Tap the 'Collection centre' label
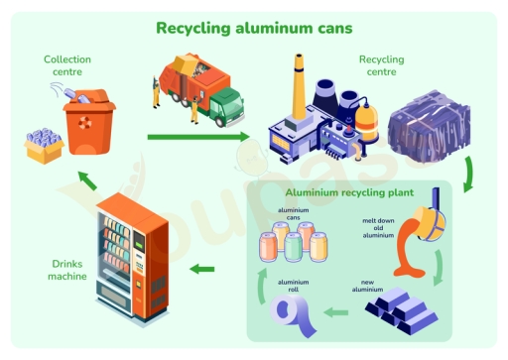[66, 65]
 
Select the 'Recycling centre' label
[381, 65]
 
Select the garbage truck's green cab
[227, 105]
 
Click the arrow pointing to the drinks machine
[202, 268]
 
